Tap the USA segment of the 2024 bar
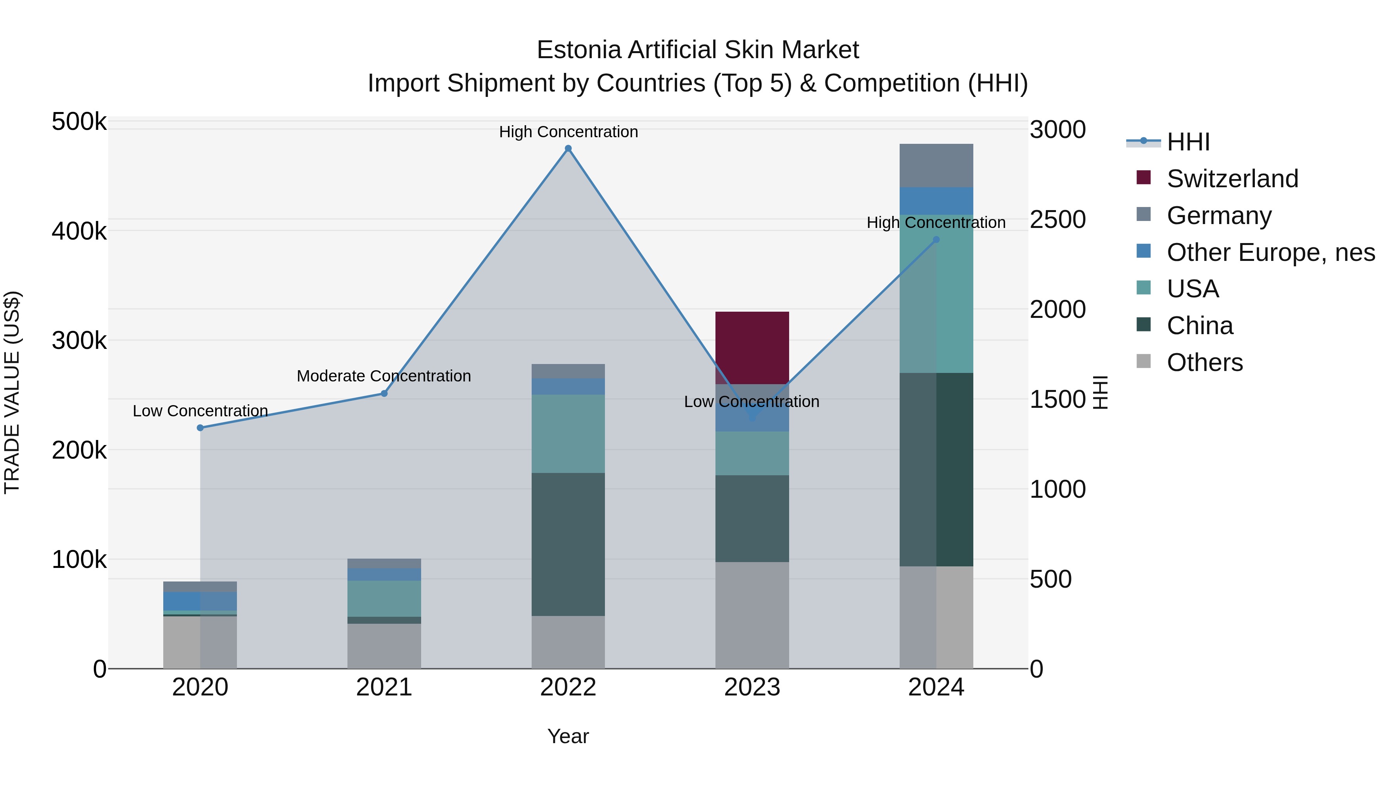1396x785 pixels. pos(936,293)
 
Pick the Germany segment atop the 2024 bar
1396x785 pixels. pos(936,165)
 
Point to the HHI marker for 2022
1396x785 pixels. pos(568,148)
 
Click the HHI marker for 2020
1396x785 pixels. pos(200,428)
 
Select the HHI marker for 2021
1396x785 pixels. pos(384,393)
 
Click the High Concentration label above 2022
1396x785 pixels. pos(568,132)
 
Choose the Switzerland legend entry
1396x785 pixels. pos(1232,179)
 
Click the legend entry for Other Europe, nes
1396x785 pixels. pos(1270,252)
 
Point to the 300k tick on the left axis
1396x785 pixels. pos(79,341)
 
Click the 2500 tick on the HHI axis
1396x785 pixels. pos(1057,219)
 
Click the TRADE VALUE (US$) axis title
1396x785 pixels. pos(12,392)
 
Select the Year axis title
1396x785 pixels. pos(568,736)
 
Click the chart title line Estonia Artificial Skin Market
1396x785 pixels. pos(698,50)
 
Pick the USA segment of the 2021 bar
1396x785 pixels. pos(384,598)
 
